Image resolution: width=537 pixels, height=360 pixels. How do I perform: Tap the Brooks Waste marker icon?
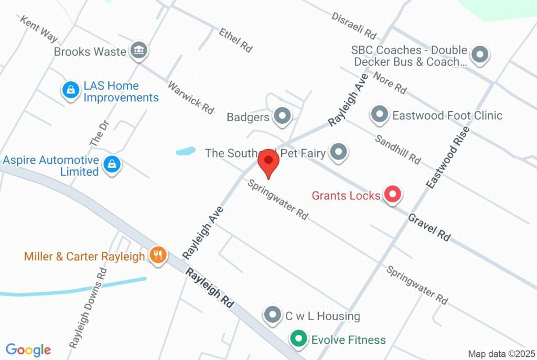point(139,51)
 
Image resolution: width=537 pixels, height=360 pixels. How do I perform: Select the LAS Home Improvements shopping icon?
point(70,91)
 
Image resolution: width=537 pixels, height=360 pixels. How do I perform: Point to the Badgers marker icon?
point(283,116)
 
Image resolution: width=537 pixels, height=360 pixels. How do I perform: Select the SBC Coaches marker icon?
point(480,55)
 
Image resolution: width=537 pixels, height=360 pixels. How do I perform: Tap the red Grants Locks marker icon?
point(392,195)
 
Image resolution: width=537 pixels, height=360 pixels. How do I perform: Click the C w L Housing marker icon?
point(272,315)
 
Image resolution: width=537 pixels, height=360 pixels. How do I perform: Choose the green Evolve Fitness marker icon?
point(299,339)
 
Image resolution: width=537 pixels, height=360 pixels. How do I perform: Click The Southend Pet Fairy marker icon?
point(339,153)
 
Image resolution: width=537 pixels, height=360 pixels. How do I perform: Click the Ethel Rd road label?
point(236,40)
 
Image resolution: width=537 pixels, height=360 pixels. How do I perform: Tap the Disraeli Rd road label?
point(354,25)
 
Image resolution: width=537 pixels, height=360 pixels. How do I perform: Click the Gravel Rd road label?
point(429,227)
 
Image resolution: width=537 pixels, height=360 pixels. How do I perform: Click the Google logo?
point(28,350)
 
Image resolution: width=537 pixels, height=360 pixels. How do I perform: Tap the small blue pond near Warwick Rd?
point(186,151)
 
